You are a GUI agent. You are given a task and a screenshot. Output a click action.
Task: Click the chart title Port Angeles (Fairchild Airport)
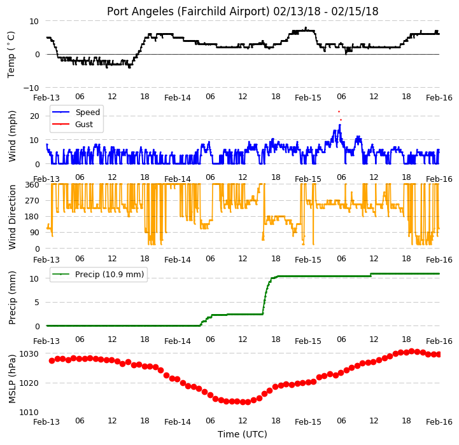click(188, 11)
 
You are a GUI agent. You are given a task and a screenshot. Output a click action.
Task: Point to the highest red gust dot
click(339, 111)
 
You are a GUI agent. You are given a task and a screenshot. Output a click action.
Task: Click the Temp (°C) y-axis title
click(11, 55)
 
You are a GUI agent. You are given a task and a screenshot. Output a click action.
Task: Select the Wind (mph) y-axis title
click(11, 136)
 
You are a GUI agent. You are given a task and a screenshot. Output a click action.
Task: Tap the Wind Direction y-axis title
click(11, 217)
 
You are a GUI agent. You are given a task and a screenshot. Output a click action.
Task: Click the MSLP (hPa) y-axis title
click(11, 379)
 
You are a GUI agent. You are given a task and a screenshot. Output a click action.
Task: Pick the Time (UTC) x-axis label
click(243, 434)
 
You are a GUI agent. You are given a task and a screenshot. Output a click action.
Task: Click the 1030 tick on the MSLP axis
click(29, 354)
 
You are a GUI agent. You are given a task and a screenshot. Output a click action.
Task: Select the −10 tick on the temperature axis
click(31, 88)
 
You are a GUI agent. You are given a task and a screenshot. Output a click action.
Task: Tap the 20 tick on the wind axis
click(34, 116)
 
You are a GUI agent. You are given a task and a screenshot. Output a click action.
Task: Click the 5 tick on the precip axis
click(37, 302)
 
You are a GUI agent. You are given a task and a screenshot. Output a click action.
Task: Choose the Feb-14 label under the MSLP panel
click(178, 422)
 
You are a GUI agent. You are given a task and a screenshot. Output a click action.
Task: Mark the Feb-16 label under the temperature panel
click(439, 98)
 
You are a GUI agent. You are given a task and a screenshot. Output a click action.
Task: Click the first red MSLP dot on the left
click(52, 361)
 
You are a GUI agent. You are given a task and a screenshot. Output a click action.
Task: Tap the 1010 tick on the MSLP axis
click(29, 412)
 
